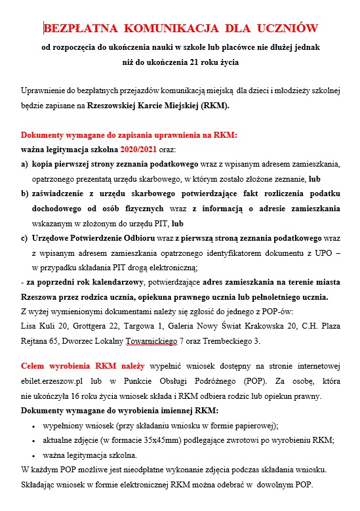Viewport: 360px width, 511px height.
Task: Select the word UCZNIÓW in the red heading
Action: coord(287,28)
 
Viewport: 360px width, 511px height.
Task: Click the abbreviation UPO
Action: coord(319,253)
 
